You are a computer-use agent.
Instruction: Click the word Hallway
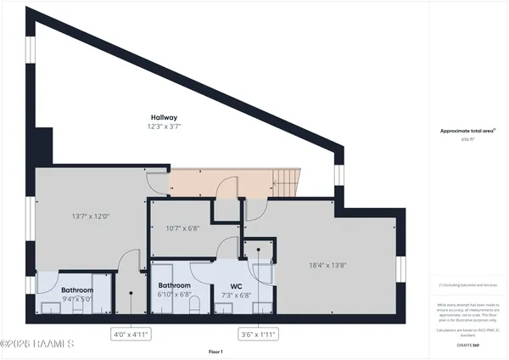[164, 117]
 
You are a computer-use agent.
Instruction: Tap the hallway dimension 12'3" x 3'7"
[164, 127]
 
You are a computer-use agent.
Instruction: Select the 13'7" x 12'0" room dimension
[91, 217]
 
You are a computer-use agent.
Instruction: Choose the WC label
[237, 286]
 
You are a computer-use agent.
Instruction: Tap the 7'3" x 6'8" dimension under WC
[237, 295]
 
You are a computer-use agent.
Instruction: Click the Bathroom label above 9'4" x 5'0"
[76, 290]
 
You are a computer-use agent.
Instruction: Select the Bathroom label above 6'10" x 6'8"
[174, 285]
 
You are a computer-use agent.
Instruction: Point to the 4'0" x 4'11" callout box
[131, 335]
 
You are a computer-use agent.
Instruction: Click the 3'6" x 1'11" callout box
[257, 335]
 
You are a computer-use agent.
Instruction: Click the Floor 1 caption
[216, 352]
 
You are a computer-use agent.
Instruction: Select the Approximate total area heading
[467, 131]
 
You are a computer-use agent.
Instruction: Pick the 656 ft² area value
[467, 139]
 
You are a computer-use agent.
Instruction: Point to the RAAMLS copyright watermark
[38, 344]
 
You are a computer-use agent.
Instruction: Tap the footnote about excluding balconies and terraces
[467, 285]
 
